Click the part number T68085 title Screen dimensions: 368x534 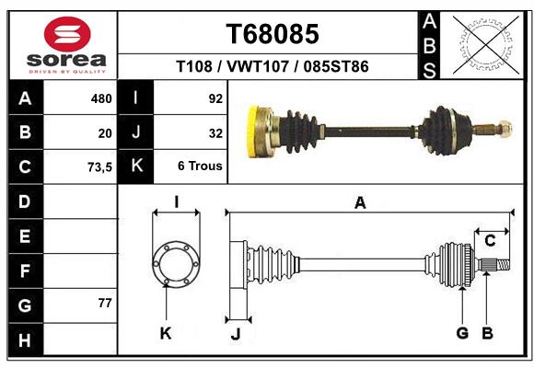click(273, 34)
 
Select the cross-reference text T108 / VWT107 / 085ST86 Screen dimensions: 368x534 click(273, 67)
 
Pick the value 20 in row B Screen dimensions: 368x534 click(105, 132)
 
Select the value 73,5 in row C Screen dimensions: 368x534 click(99, 167)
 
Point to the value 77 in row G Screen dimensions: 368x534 click(105, 303)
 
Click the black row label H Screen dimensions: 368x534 click(25, 340)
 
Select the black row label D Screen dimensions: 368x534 click(25, 201)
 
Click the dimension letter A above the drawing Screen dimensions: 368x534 click(360, 202)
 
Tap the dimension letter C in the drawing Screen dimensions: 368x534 click(490, 241)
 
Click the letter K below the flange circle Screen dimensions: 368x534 click(166, 333)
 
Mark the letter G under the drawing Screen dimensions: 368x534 click(462, 333)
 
